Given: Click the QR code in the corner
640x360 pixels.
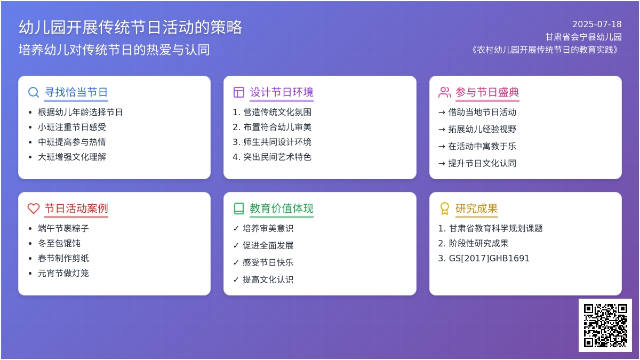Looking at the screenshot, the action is tap(605, 325).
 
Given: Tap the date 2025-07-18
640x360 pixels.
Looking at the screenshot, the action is tap(597, 25).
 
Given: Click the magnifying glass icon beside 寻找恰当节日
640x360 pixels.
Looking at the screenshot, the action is tap(34, 92).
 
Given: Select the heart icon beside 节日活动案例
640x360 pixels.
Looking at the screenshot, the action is tap(34, 209).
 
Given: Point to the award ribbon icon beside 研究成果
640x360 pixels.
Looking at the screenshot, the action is tap(445, 209).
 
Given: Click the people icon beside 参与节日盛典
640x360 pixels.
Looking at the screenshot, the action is tap(445, 92).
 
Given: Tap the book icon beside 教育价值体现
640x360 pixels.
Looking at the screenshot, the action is tap(239, 209).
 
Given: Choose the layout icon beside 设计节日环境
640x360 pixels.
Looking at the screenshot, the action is tap(239, 92).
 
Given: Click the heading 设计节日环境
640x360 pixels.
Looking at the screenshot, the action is tap(282, 92).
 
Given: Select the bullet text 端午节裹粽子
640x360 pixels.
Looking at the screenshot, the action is tap(63, 228).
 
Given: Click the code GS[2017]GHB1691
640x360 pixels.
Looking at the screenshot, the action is tap(489, 258).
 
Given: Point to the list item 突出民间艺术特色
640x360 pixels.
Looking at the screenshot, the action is tap(277, 157).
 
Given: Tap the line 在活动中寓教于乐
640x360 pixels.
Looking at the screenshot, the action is tap(482, 146).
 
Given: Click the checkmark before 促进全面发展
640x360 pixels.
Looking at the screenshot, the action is tap(236, 245).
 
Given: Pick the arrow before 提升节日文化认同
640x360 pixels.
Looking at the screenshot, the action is tap(442, 164).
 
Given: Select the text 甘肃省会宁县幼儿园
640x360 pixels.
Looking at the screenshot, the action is tap(583, 37).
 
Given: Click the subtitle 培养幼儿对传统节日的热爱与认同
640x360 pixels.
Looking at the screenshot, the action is tap(114, 50).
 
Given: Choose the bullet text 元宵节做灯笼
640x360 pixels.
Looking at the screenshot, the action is tap(63, 273).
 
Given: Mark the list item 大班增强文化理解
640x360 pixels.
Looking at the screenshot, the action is tap(72, 157).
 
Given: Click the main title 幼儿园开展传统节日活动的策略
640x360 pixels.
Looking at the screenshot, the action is tap(130, 27).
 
